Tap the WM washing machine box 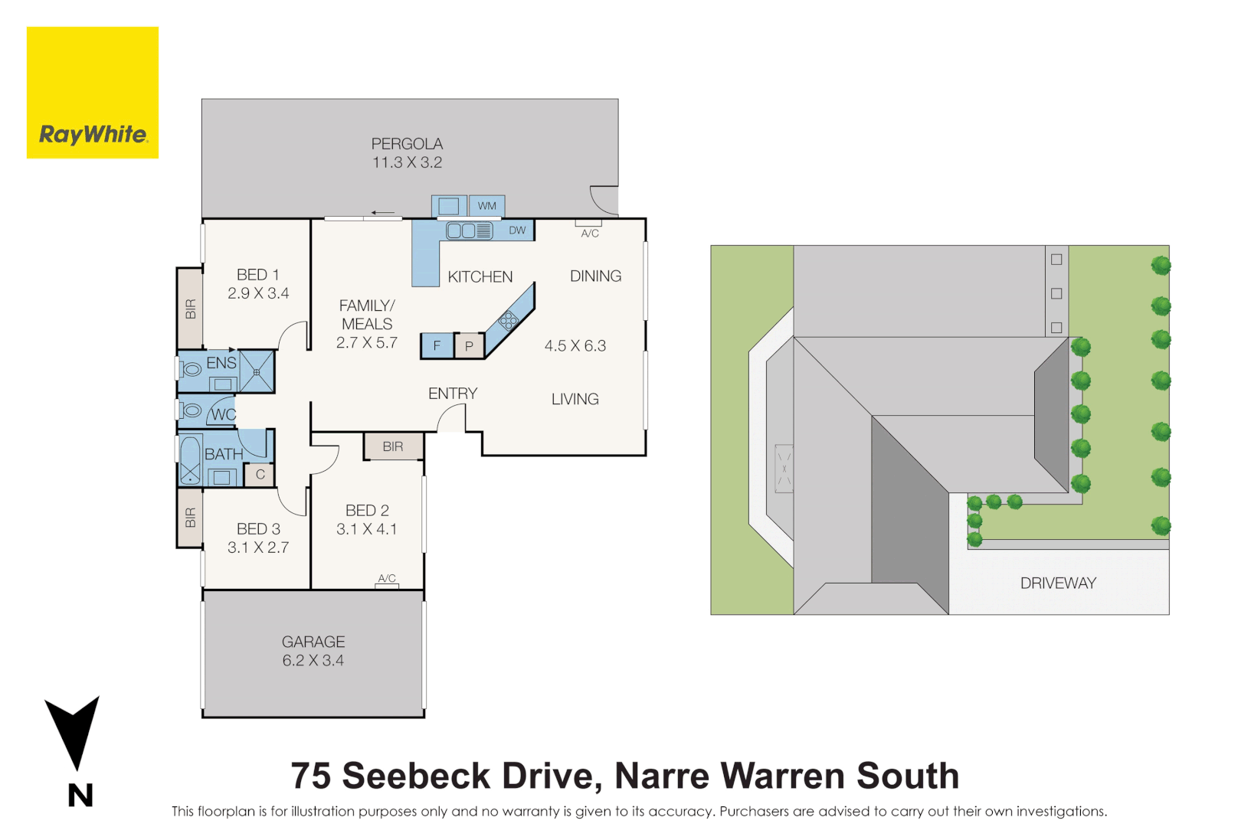(487, 206)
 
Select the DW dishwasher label (517, 230)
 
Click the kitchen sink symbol (469, 230)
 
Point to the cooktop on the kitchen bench (508, 320)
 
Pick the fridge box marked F (437, 345)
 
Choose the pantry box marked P (469, 346)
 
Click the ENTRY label (453, 394)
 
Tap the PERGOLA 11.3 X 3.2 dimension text (407, 162)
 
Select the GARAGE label (313, 642)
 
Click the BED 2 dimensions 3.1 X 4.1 (366, 529)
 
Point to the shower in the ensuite (257, 372)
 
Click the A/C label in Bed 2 (387, 578)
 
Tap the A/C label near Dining (590, 234)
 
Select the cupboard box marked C (260, 475)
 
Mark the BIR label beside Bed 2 (393, 446)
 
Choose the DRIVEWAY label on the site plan (1058, 583)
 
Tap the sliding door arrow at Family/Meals (382, 213)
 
